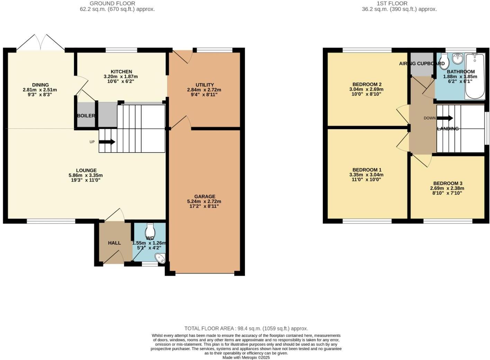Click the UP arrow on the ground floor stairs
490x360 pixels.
click(x=107, y=142)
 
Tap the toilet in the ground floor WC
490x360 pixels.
click(x=150, y=230)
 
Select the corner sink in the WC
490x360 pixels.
click(x=161, y=258)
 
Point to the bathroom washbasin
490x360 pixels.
click(x=458, y=58)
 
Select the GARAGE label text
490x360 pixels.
click(x=205, y=196)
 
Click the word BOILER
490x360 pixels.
click(x=86, y=116)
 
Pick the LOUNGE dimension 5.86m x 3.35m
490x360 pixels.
click(x=86, y=175)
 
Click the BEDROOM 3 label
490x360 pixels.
click(x=447, y=183)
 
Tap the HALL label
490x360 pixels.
click(x=114, y=243)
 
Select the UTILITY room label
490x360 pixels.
click(x=205, y=85)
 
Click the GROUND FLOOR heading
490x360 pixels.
click(x=112, y=3)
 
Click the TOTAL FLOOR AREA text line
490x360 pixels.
click(x=246, y=328)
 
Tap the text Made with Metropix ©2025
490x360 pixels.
click(x=246, y=358)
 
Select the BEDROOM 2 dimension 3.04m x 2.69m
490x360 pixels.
click(x=366, y=89)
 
